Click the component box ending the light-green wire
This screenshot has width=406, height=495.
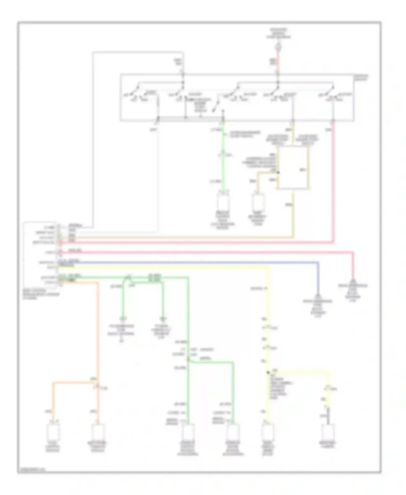click(x=223, y=202)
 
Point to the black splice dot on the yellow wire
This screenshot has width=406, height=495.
click(x=268, y=373)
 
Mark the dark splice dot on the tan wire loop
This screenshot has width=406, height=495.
click(x=278, y=172)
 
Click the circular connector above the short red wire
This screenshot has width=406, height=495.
click(x=278, y=47)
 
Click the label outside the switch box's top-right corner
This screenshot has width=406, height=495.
click(x=361, y=78)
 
